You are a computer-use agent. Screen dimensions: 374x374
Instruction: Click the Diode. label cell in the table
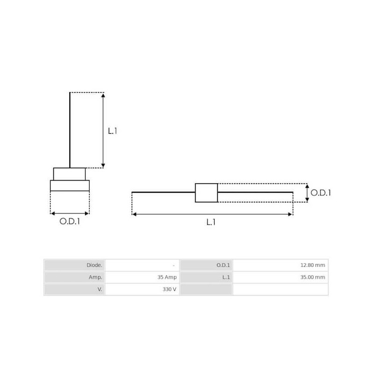tap(75, 265)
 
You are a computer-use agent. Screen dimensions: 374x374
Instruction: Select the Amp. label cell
tap(75, 277)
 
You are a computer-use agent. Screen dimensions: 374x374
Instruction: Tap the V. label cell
tap(75, 289)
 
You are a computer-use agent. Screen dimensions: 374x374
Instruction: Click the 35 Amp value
tap(167, 277)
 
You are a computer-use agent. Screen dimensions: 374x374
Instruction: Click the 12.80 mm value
tap(312, 265)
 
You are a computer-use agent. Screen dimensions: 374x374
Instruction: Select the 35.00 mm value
tap(312, 277)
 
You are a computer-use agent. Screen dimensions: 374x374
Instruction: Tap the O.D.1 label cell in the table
tap(206, 265)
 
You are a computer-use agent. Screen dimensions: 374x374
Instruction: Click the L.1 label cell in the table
tap(206, 277)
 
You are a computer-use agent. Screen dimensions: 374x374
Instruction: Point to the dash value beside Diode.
tap(173, 265)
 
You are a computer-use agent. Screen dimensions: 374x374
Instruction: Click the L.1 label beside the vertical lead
tap(112, 131)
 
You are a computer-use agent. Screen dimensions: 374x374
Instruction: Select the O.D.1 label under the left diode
tap(70, 222)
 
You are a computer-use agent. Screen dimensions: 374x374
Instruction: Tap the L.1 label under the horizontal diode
tap(211, 223)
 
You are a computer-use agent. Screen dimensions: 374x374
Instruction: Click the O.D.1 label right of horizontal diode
tap(321, 193)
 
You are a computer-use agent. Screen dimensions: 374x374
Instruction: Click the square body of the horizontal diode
tap(206, 193)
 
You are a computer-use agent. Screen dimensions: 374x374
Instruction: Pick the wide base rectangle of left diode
tap(70, 186)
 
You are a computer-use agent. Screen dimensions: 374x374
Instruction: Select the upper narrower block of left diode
tap(69, 174)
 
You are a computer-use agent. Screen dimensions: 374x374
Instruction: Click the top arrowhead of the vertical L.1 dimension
tap(103, 95)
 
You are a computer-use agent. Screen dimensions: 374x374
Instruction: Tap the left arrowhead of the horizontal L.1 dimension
tap(135, 214)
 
